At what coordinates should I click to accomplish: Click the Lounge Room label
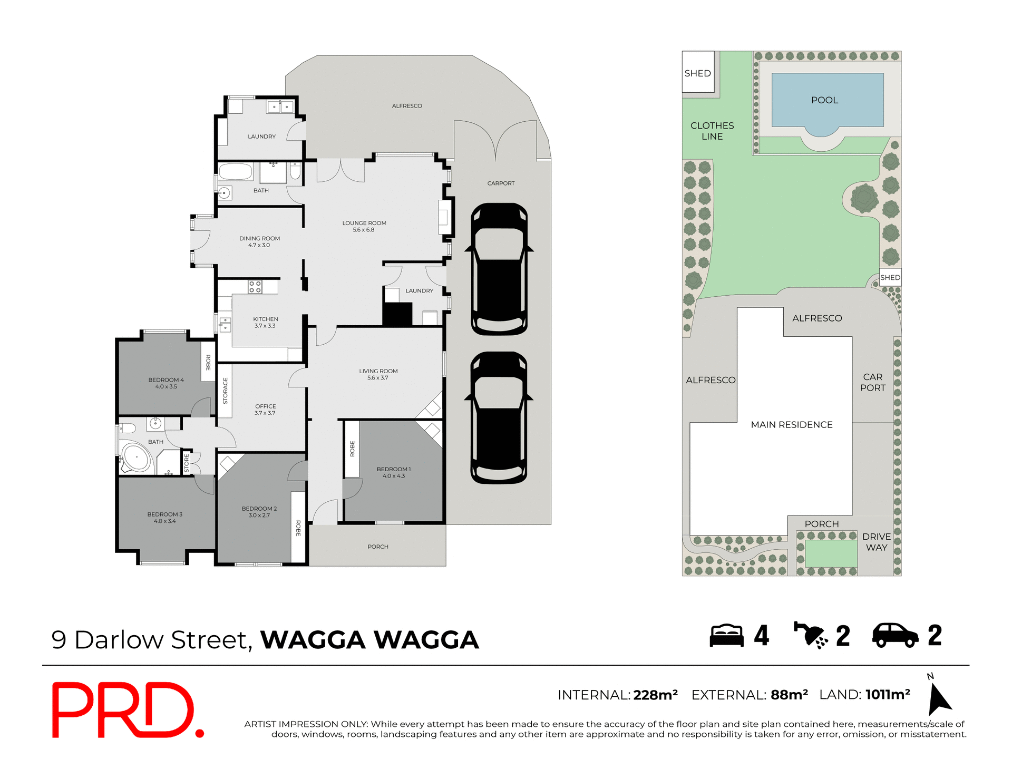coord(364,226)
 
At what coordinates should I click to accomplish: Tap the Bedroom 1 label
coord(393,472)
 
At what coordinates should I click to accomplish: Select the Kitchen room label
coord(265,322)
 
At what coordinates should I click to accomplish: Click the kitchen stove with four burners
coord(255,287)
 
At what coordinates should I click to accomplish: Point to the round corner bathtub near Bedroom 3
coord(136,457)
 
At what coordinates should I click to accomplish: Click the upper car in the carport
coord(499,269)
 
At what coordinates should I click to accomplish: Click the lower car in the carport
coord(499,418)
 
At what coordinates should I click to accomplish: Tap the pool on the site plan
coord(827,101)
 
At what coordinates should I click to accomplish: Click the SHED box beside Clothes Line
coord(698,72)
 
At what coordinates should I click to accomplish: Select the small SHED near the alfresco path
coord(890,277)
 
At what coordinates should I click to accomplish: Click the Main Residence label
coord(791,424)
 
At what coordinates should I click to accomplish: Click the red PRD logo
coord(126,710)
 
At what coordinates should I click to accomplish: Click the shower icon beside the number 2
coord(811,635)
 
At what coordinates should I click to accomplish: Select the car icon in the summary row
coord(895,635)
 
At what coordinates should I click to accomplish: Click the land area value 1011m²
coord(888,695)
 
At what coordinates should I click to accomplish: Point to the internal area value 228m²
coord(655,695)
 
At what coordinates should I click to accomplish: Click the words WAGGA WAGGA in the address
coord(369,640)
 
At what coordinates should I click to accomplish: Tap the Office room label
coord(265,410)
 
